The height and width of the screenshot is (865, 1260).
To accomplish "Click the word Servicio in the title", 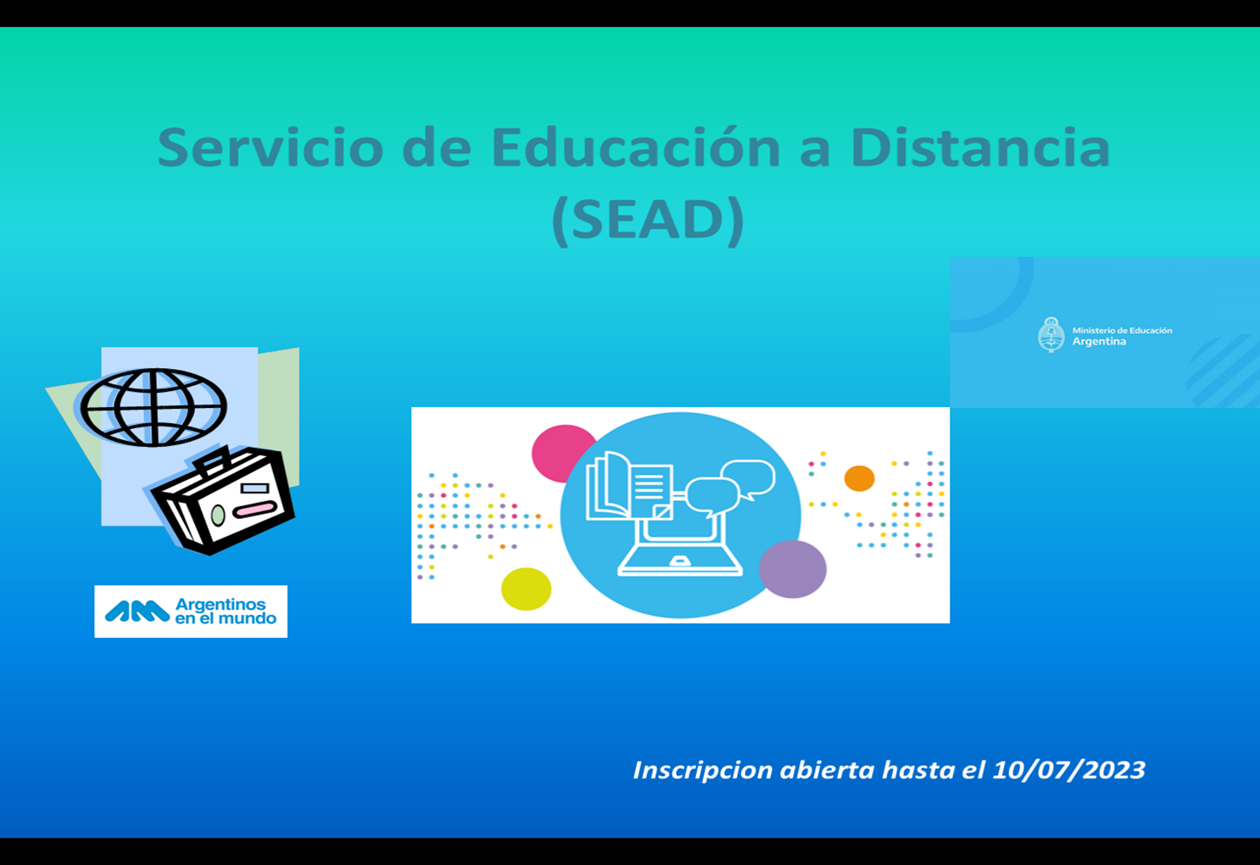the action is (270, 147).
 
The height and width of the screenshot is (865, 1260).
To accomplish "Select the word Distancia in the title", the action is (980, 147).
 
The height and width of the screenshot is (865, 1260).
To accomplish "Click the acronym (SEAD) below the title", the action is (648, 221).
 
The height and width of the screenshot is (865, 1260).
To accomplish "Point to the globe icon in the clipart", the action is (153, 408).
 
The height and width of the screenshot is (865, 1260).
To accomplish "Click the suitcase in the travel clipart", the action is (223, 500).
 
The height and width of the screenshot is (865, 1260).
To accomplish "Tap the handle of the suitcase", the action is (210, 460).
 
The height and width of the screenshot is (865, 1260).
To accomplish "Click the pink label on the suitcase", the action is (254, 509).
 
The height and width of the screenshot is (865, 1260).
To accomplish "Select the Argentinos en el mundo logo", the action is (191, 611).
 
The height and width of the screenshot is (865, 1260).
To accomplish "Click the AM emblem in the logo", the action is (137, 612).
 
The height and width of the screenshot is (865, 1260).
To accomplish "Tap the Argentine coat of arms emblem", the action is (1051, 335).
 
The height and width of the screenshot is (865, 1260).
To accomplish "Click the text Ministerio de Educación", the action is (1122, 330).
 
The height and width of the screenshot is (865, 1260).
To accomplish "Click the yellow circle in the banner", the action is (526, 589).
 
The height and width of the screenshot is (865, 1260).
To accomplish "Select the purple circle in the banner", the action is (793, 568).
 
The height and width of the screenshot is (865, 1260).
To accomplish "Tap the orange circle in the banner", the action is (859, 478).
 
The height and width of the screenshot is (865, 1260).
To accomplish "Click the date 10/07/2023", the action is (1068, 770).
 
